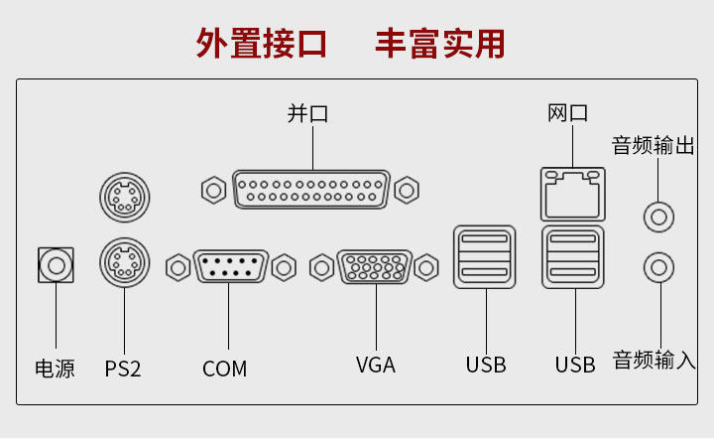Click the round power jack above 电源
click(x=57, y=266)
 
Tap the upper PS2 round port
click(x=124, y=198)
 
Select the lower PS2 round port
click(x=124, y=263)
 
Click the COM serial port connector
click(x=230, y=267)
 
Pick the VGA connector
click(x=375, y=267)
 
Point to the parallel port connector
click(x=310, y=188)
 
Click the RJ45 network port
click(x=573, y=193)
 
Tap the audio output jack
click(x=659, y=215)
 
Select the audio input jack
click(x=659, y=266)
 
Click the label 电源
click(x=55, y=369)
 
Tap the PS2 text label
click(x=123, y=369)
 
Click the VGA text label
click(x=376, y=365)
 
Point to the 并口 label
click(x=308, y=113)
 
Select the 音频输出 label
click(x=654, y=146)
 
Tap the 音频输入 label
click(x=654, y=360)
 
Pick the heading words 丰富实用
click(x=439, y=44)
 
